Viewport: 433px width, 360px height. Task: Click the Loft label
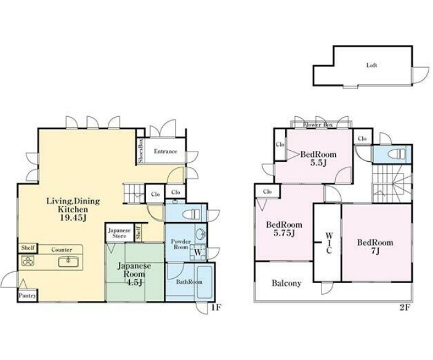click(x=371, y=65)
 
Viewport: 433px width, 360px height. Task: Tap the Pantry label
click(x=27, y=296)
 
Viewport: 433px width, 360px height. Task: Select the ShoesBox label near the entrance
click(x=140, y=151)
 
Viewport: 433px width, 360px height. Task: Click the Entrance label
click(x=166, y=151)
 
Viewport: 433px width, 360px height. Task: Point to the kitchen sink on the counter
click(x=68, y=261)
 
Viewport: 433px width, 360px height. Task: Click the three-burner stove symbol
click(x=28, y=261)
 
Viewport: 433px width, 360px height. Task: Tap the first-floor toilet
click(x=192, y=214)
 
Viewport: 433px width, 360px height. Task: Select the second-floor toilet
click(x=397, y=153)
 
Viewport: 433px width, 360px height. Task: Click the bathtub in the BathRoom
click(x=204, y=282)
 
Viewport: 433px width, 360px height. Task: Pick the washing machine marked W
click(x=198, y=252)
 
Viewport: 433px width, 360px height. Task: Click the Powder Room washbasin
click(x=200, y=234)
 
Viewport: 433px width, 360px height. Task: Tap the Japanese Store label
click(x=119, y=233)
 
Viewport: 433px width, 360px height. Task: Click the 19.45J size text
click(x=73, y=218)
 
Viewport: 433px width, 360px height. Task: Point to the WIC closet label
click(x=329, y=243)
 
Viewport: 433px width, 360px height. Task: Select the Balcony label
click(x=286, y=283)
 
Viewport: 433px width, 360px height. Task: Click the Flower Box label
click(x=318, y=125)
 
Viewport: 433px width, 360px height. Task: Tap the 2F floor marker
click(x=405, y=308)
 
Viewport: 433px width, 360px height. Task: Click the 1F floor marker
click(x=217, y=307)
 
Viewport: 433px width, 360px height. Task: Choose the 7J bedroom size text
click(x=376, y=251)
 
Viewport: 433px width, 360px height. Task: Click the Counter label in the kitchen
click(x=62, y=250)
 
